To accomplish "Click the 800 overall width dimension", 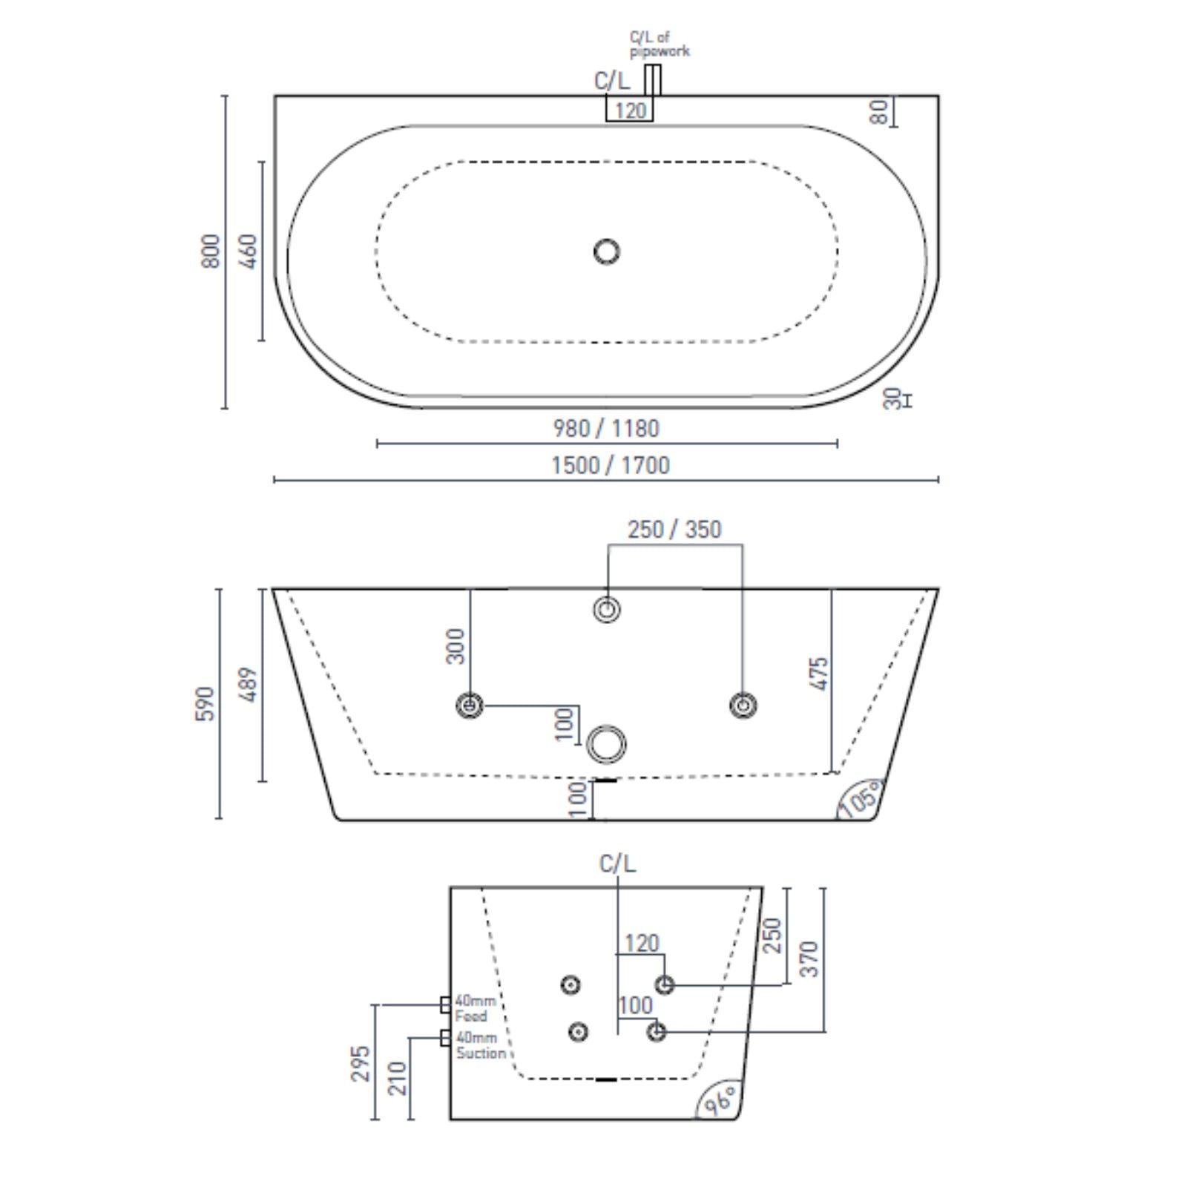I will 211,251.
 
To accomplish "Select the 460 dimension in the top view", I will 249,251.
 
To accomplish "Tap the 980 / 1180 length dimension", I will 606,428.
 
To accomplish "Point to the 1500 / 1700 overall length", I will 610,465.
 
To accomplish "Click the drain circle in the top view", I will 607,251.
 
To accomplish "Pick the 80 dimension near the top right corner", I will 878,112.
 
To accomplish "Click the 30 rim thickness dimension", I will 892,398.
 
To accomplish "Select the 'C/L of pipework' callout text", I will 659,44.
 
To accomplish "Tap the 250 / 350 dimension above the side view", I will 674,529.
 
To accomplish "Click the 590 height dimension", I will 205,703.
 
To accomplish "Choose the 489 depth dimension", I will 249,685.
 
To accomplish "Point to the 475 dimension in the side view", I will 819,674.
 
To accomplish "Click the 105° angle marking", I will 861,800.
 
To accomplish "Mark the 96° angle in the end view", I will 720,1100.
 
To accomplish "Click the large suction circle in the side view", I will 607,743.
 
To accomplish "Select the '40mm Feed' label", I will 474,1008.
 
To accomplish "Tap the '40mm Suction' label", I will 480,1045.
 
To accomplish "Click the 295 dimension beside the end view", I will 361,1063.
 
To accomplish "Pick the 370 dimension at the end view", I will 810,959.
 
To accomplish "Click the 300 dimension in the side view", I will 456,646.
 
